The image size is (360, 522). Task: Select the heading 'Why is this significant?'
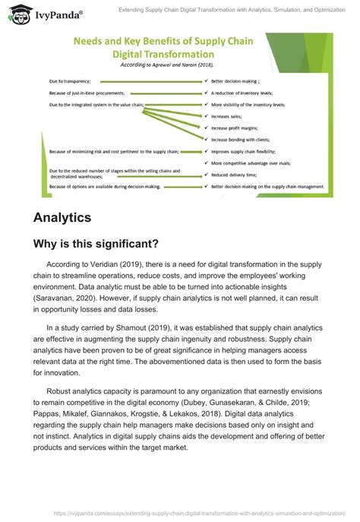pyautogui.click(x=96, y=244)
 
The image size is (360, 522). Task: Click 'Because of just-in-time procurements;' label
pyautogui.click(x=87, y=91)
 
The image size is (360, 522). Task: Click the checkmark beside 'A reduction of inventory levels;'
pyautogui.click(x=207, y=91)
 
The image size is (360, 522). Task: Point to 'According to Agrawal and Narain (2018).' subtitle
pyautogui.click(x=188, y=67)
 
